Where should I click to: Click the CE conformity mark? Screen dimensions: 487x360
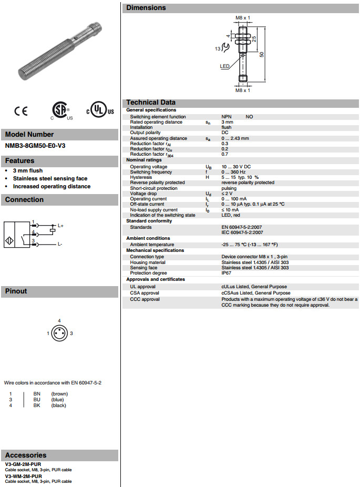click(x=21, y=111)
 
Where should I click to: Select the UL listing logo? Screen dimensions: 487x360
click(x=100, y=111)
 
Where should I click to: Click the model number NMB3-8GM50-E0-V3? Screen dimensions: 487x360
click(x=36, y=145)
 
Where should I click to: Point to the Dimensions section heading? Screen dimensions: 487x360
click(x=146, y=8)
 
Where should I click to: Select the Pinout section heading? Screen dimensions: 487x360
click(x=16, y=291)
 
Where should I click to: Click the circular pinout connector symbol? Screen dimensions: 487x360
click(x=59, y=333)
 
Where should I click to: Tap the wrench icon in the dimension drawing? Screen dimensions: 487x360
click(x=225, y=48)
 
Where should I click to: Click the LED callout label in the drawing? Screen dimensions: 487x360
click(x=224, y=66)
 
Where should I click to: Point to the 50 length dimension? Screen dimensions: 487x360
click(x=261, y=54)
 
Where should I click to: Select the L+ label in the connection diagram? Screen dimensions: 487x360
click(x=60, y=226)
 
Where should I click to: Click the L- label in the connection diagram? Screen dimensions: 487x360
click(x=60, y=245)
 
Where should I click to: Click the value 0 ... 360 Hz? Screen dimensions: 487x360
click(x=233, y=172)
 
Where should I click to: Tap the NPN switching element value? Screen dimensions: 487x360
click(x=227, y=117)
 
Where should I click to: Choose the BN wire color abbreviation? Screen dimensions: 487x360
click(x=37, y=393)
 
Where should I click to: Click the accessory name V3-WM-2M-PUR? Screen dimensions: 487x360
click(x=24, y=476)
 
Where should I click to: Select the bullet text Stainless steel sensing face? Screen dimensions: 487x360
click(x=50, y=179)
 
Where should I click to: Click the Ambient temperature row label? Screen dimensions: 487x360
click(x=152, y=245)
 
